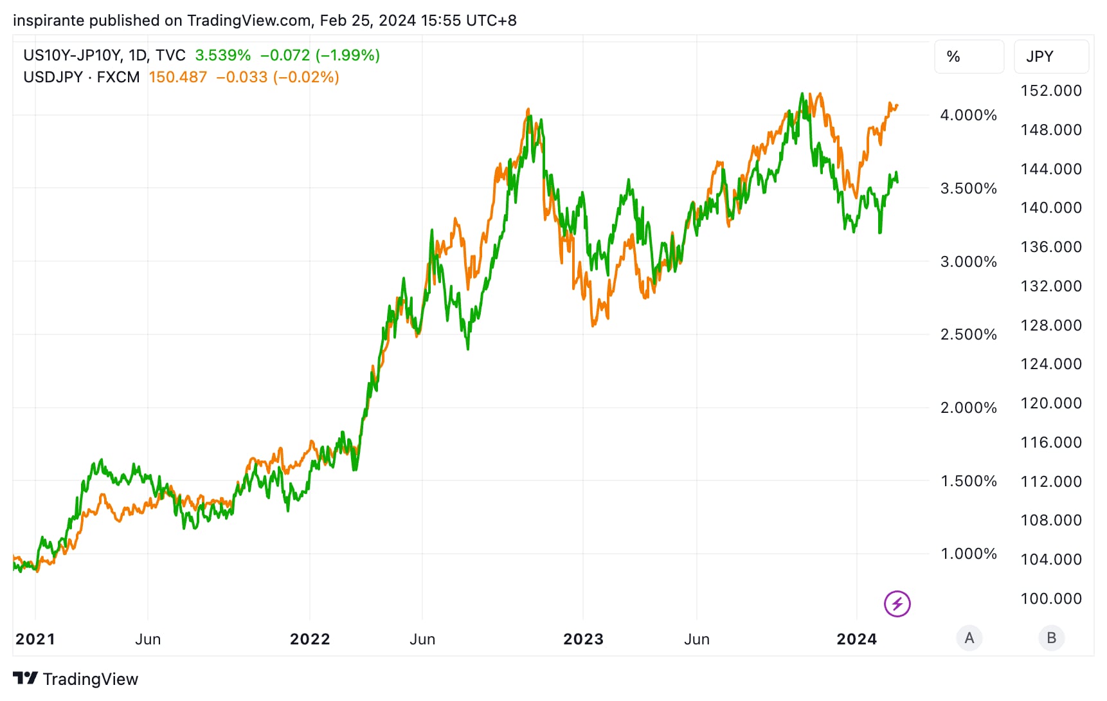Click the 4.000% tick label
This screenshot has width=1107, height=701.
point(968,115)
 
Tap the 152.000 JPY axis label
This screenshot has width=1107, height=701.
point(1051,91)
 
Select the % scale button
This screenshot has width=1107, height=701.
point(968,57)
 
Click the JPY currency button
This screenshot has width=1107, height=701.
point(1050,57)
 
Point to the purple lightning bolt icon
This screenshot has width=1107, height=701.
point(897,604)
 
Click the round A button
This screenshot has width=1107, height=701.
point(969,638)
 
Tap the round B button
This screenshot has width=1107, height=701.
point(1051,638)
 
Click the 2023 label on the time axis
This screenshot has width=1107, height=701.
point(583,639)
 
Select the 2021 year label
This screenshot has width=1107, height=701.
point(35,639)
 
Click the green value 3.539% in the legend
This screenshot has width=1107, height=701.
point(222,55)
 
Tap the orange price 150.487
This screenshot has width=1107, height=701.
point(177,77)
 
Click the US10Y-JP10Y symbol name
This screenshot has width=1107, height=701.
point(71,55)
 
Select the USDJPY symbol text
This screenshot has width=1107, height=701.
point(53,77)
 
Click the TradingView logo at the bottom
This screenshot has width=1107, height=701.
point(76,679)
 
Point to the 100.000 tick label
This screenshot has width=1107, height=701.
point(1051,599)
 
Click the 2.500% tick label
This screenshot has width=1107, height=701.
point(968,334)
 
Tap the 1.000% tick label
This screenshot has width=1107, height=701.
point(968,554)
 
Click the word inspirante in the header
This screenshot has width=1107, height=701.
point(48,21)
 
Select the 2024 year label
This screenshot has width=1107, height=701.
point(856,639)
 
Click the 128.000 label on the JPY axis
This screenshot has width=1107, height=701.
point(1051,325)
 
